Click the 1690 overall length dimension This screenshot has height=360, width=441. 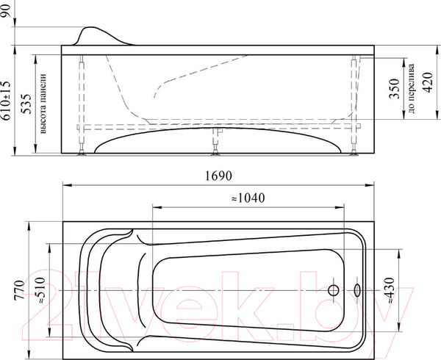[218, 176]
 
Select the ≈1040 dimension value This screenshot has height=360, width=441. [248, 198]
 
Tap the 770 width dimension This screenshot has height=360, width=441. [19, 290]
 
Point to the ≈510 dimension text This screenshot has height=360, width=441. [40, 290]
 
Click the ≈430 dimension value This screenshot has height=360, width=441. [390, 290]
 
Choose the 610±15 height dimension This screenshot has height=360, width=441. [6, 101]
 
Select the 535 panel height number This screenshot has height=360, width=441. [26, 104]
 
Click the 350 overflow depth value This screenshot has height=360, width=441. [394, 88]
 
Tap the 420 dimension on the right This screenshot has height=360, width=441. [428, 82]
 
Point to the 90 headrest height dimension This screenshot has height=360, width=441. [6, 11]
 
